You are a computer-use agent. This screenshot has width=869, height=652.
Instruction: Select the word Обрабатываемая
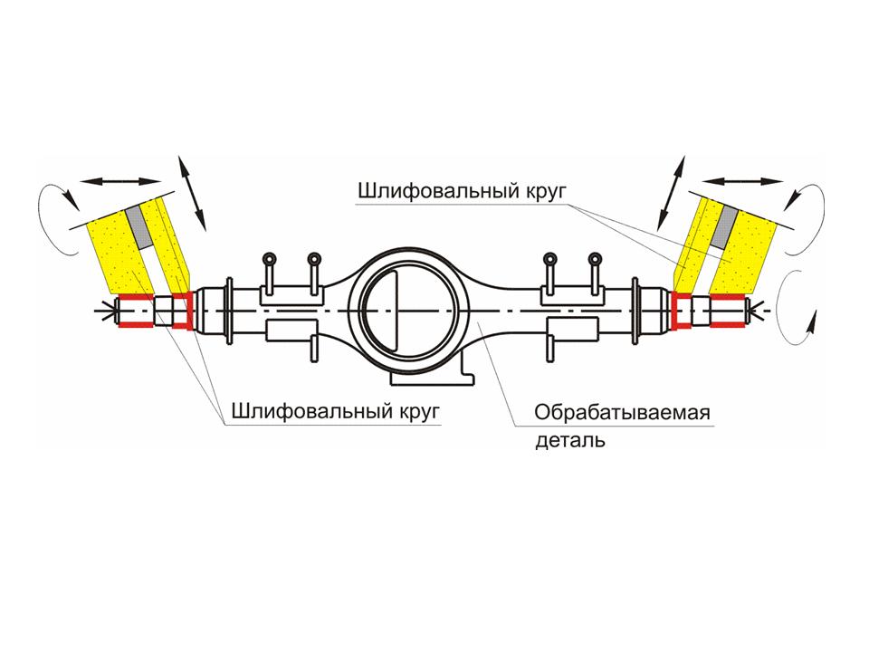pyautogui.click(x=621, y=414)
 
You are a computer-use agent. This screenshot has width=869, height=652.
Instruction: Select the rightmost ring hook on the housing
pyautogui.click(x=594, y=259)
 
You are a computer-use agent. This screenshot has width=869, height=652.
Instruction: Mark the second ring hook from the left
pyautogui.click(x=314, y=259)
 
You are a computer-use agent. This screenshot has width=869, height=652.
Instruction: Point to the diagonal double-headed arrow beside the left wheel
pyautogui.click(x=192, y=192)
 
